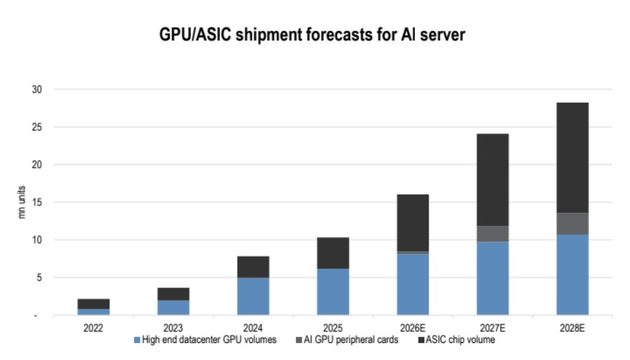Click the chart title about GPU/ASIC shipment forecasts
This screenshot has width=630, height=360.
point(312,34)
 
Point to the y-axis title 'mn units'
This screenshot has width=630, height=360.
point(22,202)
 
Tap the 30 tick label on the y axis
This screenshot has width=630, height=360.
point(36,89)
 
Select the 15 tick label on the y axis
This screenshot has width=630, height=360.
point(36,202)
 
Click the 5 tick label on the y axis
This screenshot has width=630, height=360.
point(39,277)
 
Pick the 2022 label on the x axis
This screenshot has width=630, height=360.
point(93,328)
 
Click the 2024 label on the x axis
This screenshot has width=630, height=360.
point(253,328)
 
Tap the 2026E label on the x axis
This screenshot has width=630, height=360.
point(413,328)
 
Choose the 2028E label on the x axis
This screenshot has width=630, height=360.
point(572,328)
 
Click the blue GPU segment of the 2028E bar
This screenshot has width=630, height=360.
point(572,275)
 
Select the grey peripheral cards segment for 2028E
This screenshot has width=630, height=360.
point(572,224)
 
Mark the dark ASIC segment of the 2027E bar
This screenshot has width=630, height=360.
point(492,180)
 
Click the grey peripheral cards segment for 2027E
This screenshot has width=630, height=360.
point(492,234)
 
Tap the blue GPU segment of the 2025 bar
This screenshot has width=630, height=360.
point(333,292)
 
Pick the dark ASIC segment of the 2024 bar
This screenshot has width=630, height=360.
point(253,267)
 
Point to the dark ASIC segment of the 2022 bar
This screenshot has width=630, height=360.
point(93,304)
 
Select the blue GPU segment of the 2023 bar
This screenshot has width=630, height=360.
point(173,308)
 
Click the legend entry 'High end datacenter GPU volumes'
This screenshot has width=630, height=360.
point(205,340)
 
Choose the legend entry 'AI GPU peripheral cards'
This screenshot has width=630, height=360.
point(347,340)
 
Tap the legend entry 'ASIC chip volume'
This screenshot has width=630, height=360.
point(457,340)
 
